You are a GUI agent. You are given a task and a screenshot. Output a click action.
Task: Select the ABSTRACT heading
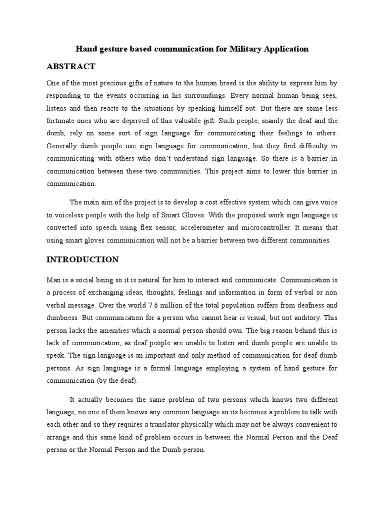point(70,67)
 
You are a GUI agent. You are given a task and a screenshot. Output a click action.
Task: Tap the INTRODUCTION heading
point(82,260)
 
